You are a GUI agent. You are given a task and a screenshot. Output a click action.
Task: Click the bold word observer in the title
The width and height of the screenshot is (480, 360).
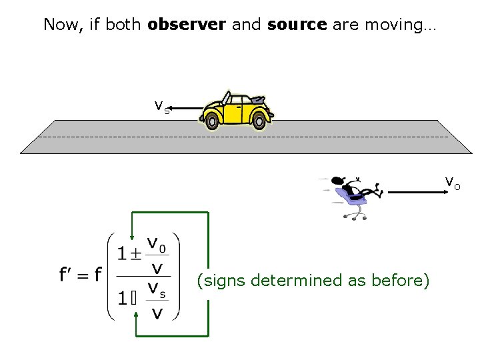tap(187, 25)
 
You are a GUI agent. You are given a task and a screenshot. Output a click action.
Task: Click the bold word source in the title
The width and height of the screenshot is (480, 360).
tap(297, 25)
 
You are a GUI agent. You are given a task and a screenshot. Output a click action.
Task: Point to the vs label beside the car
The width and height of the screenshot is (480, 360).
tap(161, 106)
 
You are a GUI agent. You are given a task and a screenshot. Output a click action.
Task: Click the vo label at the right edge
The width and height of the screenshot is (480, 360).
tap(452, 181)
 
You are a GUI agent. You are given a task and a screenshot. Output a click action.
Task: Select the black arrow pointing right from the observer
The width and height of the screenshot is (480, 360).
tap(417, 192)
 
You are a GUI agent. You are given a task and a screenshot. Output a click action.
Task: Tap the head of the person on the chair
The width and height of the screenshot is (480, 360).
tap(339, 181)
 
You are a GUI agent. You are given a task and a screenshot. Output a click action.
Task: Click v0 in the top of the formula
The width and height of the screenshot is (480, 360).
tap(157, 245)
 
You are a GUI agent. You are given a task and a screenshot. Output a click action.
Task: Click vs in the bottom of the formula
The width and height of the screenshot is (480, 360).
tap(157, 289)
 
